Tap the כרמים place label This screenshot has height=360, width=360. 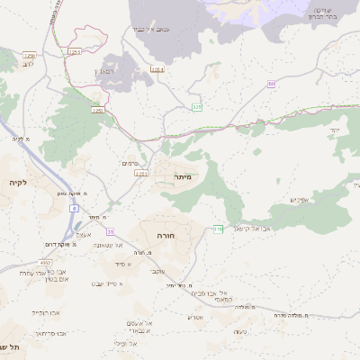(x=130, y=163)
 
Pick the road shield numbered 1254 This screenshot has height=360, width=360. (x=157, y=68)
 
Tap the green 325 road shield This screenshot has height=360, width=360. (x=197, y=107)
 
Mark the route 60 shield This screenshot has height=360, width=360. (x=271, y=84)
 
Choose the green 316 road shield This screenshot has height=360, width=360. (x=218, y=229)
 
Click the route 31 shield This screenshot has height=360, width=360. (x=109, y=232)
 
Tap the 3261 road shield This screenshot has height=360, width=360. (x=140, y=173)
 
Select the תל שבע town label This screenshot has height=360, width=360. (x=13, y=347)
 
